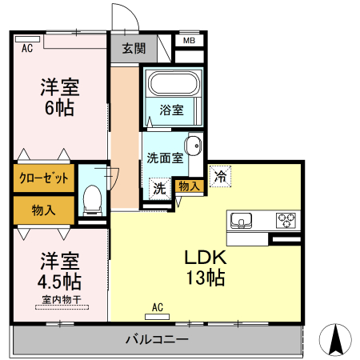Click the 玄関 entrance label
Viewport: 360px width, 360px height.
click(x=134, y=48)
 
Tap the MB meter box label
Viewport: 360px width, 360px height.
click(x=189, y=41)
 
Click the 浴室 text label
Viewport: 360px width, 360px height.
click(x=171, y=110)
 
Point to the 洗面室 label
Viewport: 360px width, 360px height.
click(x=165, y=158)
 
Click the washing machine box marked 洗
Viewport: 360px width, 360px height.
click(x=159, y=190)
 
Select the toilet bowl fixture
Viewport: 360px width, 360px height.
click(x=92, y=197)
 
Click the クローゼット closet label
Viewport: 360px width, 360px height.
click(x=44, y=178)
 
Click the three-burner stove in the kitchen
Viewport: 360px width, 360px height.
click(x=286, y=220)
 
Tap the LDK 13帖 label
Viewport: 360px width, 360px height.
click(x=206, y=268)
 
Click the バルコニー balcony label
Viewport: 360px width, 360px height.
click(x=157, y=340)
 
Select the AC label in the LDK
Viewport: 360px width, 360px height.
click(x=158, y=306)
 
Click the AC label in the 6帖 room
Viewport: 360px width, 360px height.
click(x=27, y=49)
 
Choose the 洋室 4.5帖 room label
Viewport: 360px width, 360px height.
click(x=60, y=271)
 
